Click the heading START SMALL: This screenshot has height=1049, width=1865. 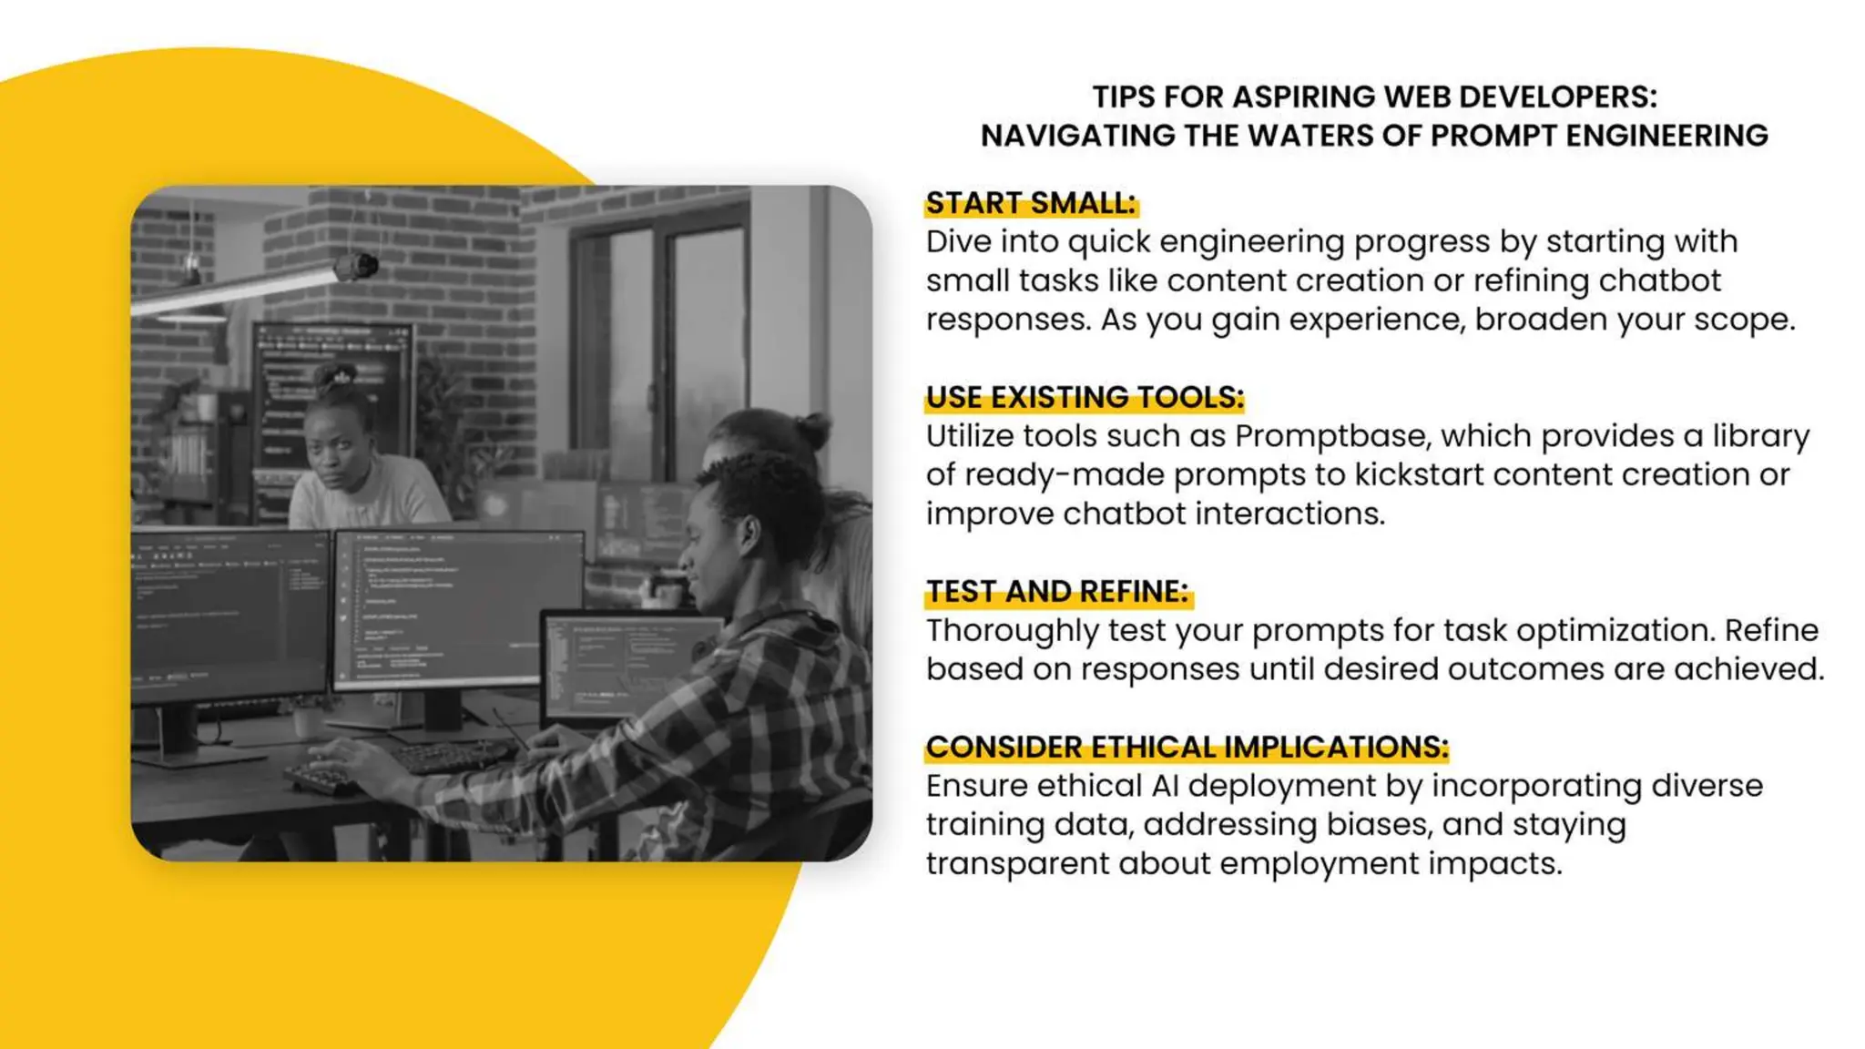[x=1030, y=203]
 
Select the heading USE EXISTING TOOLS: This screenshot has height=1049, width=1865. [x=1084, y=398]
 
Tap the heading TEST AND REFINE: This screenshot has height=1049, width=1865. [x=1057, y=592]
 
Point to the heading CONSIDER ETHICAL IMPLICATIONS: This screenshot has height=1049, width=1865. [x=1187, y=748]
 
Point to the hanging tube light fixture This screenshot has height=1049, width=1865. [x=246, y=287]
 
